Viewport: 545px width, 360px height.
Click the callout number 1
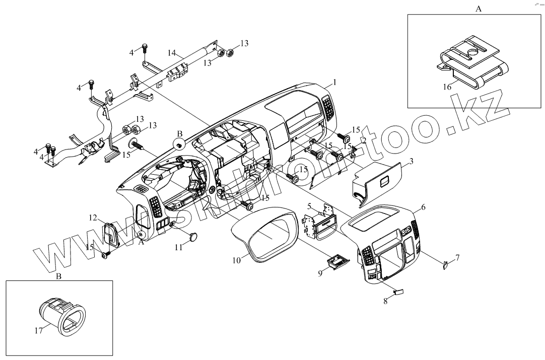point(334,82)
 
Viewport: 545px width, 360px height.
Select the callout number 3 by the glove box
point(411,161)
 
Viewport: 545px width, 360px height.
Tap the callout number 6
point(423,207)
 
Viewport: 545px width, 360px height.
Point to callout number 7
point(457,257)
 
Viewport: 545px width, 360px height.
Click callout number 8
point(386,301)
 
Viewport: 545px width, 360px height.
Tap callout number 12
point(93,218)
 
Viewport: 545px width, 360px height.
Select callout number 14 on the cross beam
point(172,52)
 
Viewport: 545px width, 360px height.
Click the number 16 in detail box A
point(446,87)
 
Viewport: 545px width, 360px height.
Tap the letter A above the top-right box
point(478,9)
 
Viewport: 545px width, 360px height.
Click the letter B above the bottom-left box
point(58,276)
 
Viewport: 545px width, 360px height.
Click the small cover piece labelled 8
point(398,291)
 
